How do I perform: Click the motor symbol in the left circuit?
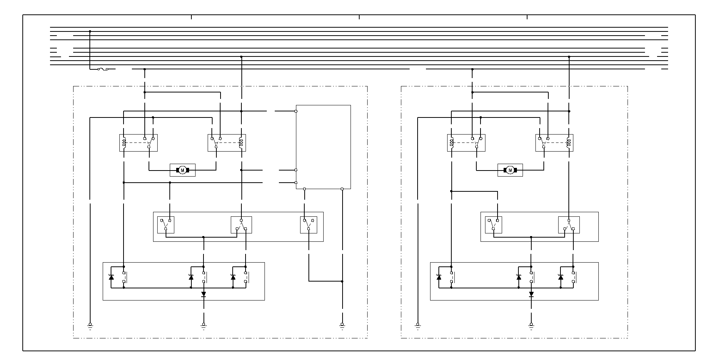182,171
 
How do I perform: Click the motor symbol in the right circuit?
510,171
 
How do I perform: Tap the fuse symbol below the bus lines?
103,69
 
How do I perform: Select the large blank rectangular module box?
323,147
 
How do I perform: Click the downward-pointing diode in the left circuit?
203,294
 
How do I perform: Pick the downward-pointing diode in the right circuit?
531,294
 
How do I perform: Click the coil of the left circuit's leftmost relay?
124,143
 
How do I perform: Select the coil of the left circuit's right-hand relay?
241,143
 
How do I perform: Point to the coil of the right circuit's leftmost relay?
452,143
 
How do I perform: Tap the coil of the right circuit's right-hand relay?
568,143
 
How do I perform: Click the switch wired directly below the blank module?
308,225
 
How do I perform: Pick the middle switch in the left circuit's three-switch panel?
241,225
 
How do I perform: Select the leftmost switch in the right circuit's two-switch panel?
493,225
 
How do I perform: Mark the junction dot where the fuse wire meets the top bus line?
90,31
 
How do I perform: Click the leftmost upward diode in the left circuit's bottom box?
111,277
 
